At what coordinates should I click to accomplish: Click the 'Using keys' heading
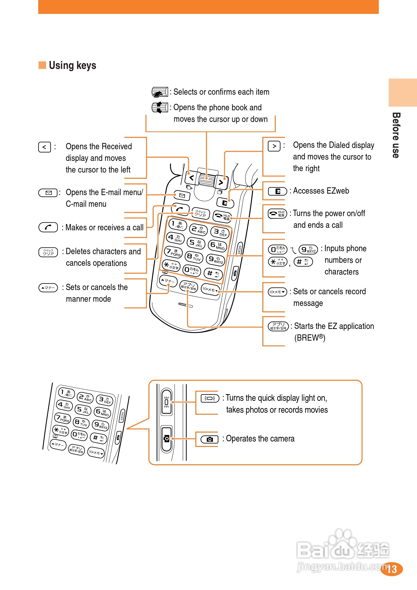tap(72, 65)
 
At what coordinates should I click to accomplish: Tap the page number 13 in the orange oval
tap(391, 569)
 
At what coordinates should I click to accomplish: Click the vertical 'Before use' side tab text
tap(396, 135)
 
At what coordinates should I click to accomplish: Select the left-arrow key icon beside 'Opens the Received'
tap(44, 147)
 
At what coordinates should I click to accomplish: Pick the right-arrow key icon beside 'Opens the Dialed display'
tap(274, 146)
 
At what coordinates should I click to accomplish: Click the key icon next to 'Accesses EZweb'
tap(277, 191)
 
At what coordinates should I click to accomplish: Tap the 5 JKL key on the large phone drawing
tap(196, 243)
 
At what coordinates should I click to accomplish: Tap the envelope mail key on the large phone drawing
tap(182, 196)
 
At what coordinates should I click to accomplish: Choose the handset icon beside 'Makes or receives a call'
tap(48, 227)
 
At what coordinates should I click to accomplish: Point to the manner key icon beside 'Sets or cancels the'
tap(48, 288)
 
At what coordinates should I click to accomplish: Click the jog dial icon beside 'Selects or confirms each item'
tap(160, 92)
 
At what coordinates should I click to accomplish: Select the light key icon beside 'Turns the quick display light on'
tap(210, 398)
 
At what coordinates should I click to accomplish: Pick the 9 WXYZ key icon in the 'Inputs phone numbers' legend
tap(308, 249)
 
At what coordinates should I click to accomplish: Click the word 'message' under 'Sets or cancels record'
tap(308, 303)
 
